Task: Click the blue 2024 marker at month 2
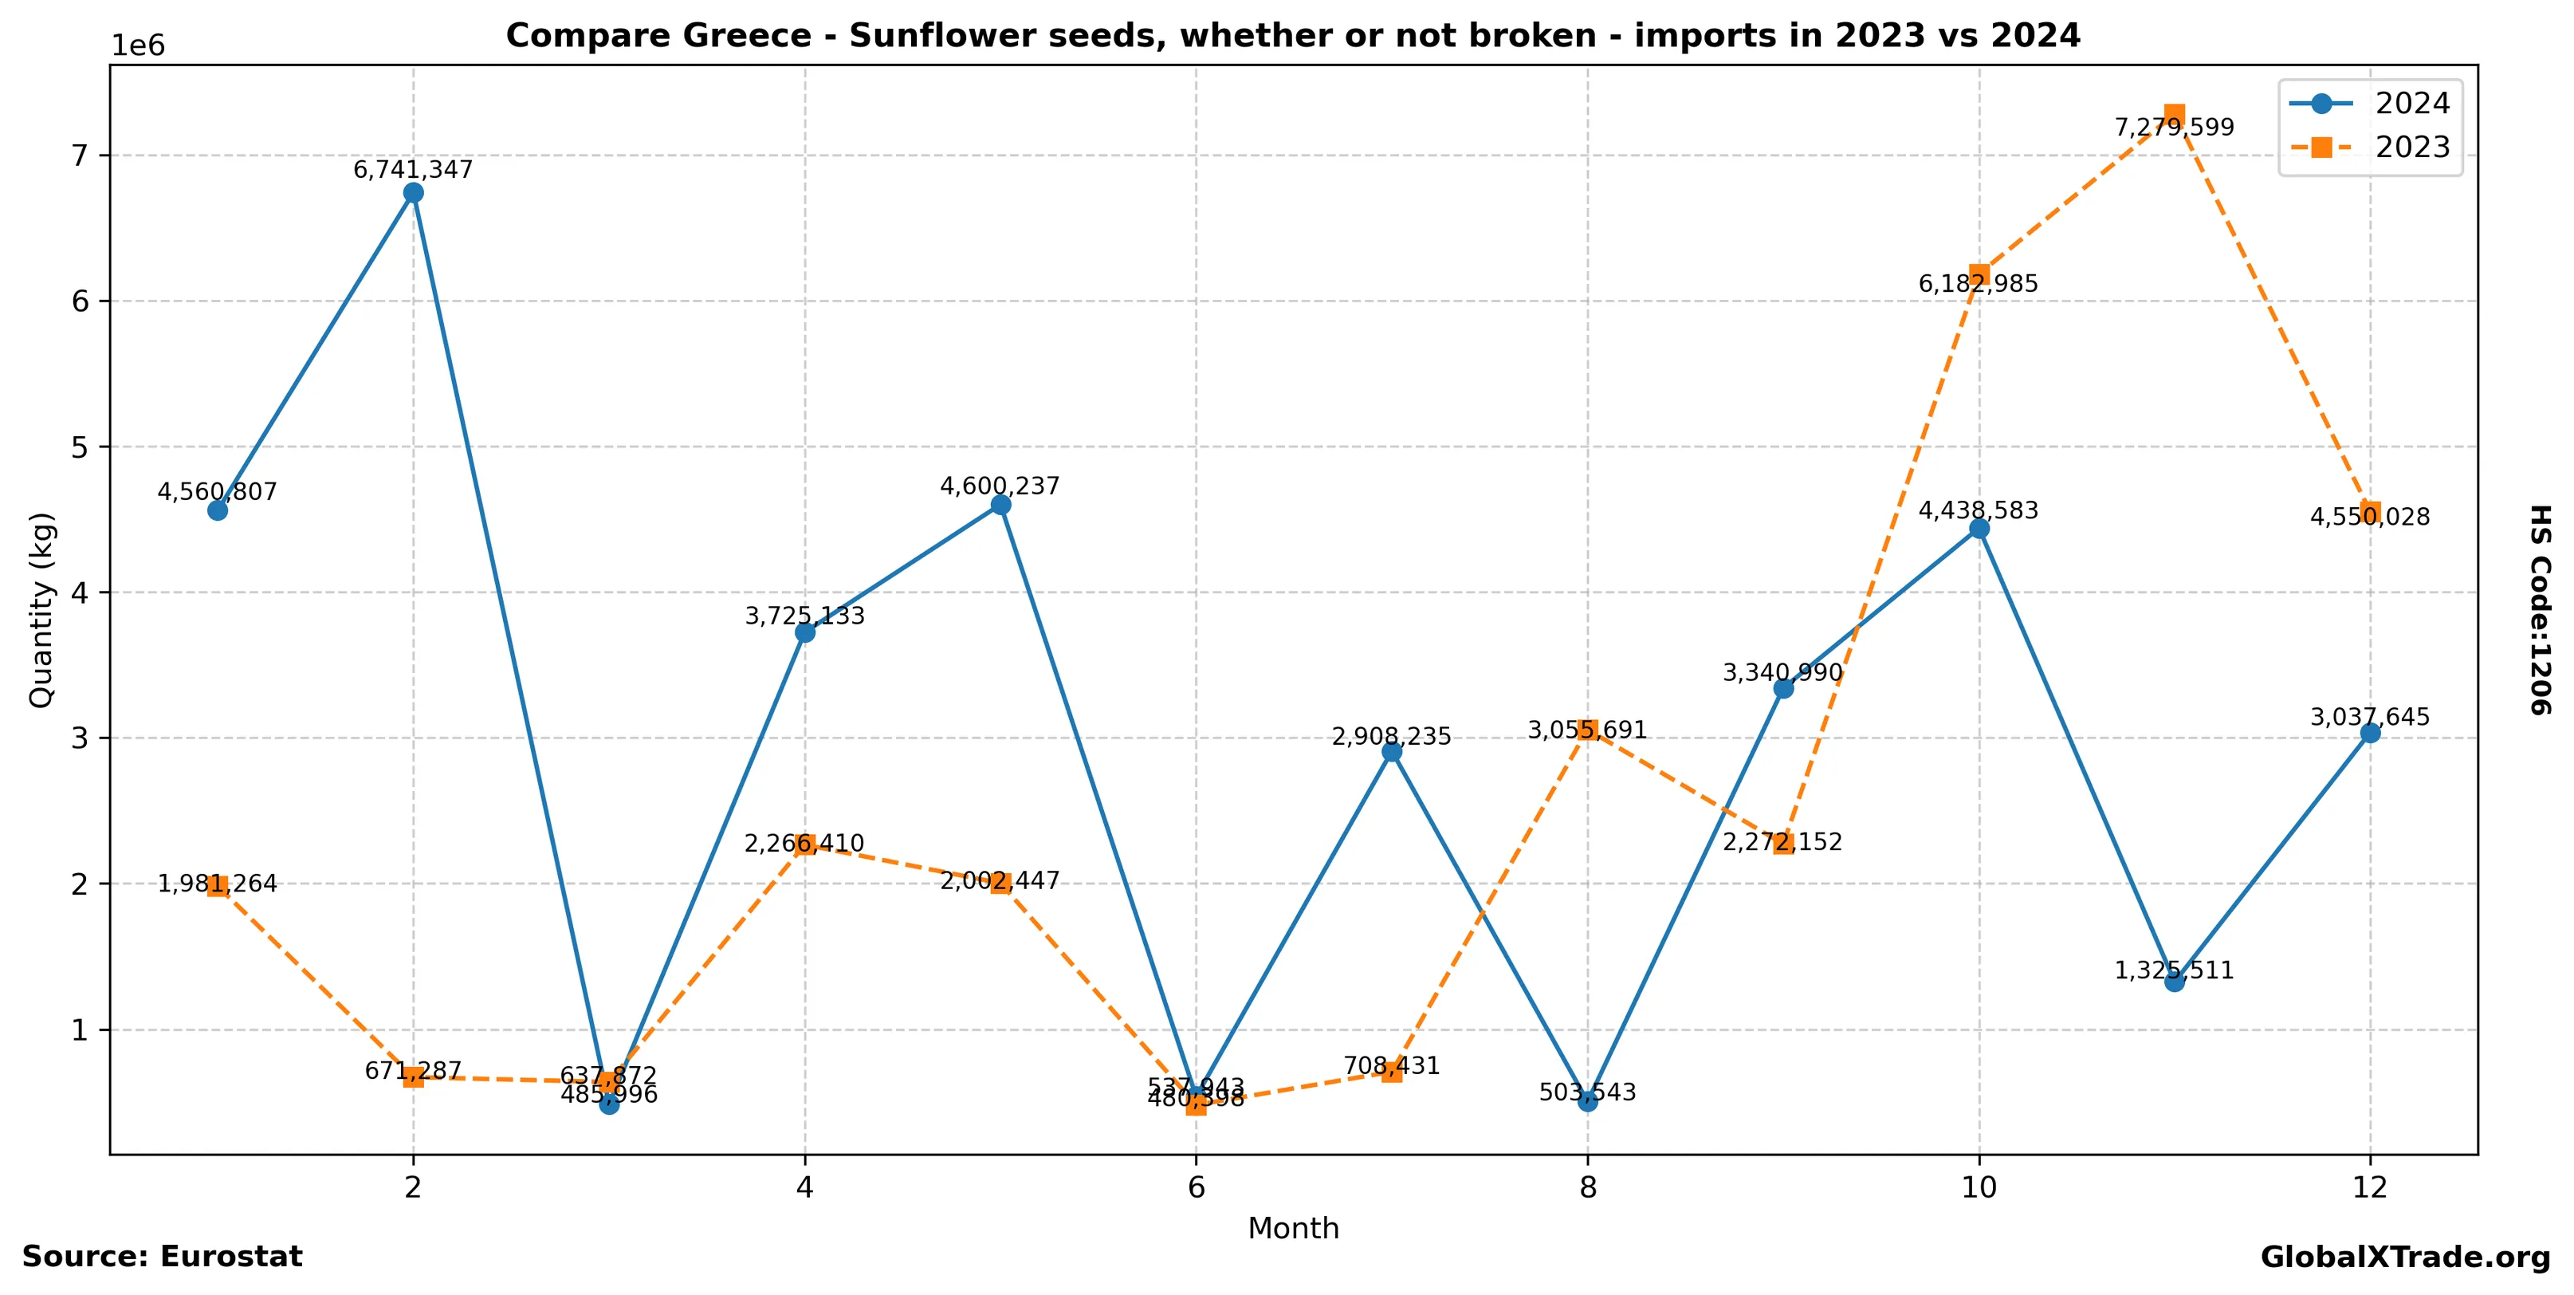pos(414,193)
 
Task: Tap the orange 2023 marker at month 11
pos(2175,115)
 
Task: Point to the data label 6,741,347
pos(414,170)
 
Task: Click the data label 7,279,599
pos(2175,128)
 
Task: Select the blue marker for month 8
pos(1588,1101)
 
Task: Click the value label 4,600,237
pos(1000,486)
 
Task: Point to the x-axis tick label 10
pos(1979,1188)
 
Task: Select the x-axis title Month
pos(1293,1229)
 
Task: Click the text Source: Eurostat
pos(162,1257)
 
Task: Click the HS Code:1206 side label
pos(2539,609)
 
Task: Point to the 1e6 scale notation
pos(138,46)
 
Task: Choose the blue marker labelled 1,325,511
pos(2175,982)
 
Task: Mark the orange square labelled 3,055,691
pos(1588,730)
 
